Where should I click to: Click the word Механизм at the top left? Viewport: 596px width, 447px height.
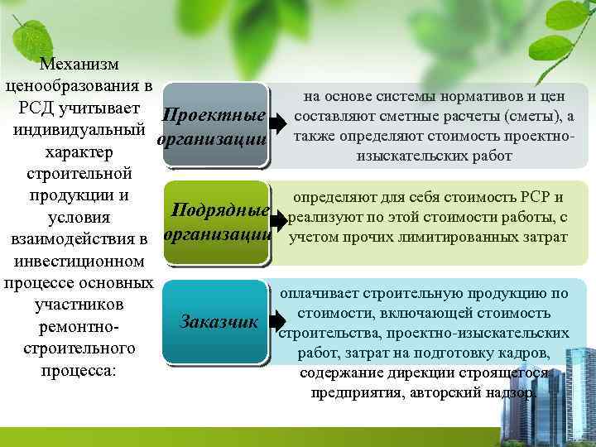79,64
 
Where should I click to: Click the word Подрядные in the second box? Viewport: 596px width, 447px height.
220,211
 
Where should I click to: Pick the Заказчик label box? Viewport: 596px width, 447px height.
219,320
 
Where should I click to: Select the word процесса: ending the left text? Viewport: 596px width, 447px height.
79,370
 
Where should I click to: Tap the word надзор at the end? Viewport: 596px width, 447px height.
510,392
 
